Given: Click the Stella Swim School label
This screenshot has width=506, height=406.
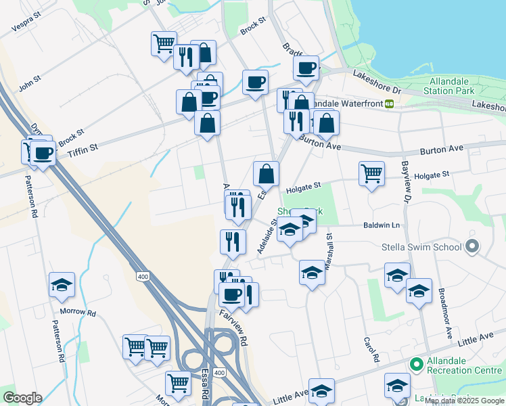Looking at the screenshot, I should tap(421, 247).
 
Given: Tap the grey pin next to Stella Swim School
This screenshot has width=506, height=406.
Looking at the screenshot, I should tap(472, 247).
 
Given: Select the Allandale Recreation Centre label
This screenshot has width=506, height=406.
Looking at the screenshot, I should tap(463, 366).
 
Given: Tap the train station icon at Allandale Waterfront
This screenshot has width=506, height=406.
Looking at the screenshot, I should tap(390, 104).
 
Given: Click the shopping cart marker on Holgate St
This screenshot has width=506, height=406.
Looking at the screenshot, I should tap(371, 175).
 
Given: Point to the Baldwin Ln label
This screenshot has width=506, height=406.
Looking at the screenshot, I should tap(382, 225).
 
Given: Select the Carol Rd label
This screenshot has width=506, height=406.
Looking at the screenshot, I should tap(371, 349).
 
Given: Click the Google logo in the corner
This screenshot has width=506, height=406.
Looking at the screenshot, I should tap(22, 398).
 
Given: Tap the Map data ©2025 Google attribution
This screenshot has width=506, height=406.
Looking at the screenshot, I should tap(465, 401).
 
